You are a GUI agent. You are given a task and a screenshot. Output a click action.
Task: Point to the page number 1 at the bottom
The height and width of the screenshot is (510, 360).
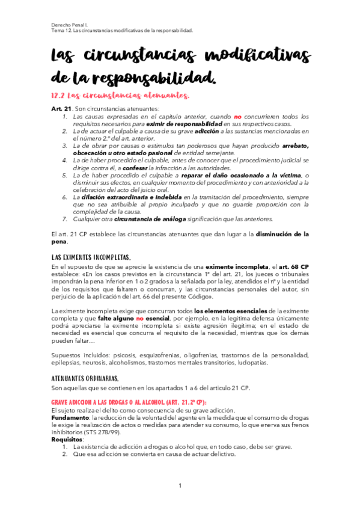tap(180, 486)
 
